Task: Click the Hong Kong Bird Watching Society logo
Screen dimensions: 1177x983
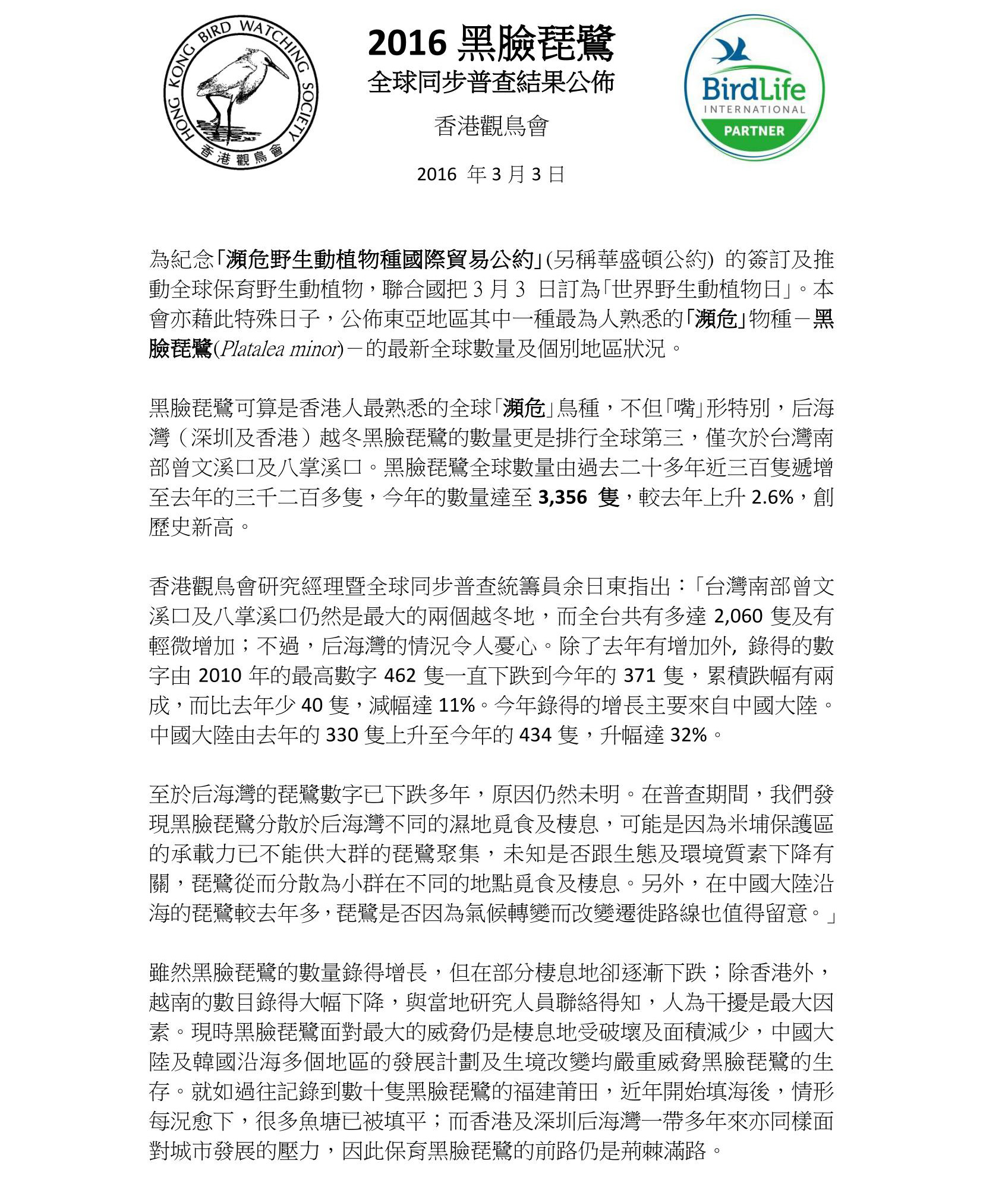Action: point(241,92)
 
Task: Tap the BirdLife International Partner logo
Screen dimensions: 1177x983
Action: point(754,88)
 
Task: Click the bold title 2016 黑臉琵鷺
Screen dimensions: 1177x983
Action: point(491,44)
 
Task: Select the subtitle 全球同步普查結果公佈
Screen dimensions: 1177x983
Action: point(491,83)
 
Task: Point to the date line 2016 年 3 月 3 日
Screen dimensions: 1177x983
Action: point(490,174)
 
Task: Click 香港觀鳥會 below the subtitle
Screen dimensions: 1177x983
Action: point(491,126)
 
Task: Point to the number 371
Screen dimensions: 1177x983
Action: point(639,676)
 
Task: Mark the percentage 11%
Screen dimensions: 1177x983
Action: point(456,705)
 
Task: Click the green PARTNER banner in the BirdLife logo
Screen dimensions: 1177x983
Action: point(754,131)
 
